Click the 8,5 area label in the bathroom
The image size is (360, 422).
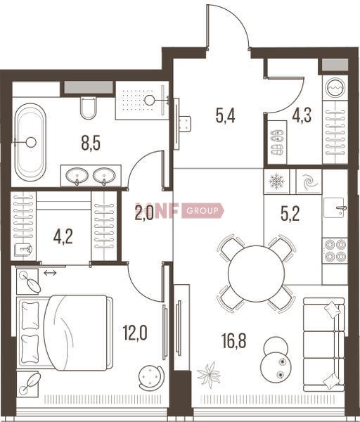click(x=91, y=143)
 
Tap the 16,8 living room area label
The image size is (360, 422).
click(x=234, y=340)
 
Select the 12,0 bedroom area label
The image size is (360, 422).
click(x=135, y=333)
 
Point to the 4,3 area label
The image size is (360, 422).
click(x=302, y=115)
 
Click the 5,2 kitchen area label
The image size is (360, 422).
click(x=290, y=214)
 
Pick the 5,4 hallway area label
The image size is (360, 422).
click(x=226, y=116)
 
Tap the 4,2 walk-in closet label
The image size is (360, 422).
click(x=63, y=237)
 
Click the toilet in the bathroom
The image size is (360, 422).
click(x=88, y=108)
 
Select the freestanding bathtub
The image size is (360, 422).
click(x=30, y=142)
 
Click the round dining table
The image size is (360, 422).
click(x=256, y=274)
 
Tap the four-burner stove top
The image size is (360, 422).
click(x=335, y=250)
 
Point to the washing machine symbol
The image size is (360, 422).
click(x=335, y=87)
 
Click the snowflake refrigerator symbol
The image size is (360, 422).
click(x=277, y=181)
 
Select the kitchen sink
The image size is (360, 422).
click(x=334, y=207)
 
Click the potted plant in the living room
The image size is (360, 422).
click(x=209, y=375)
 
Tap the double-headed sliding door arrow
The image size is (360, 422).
click(x=50, y=273)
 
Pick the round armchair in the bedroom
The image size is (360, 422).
click(x=151, y=377)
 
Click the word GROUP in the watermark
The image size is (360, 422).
click(x=202, y=210)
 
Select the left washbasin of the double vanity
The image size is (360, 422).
click(x=77, y=176)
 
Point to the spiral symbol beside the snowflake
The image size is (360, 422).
click(x=309, y=181)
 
